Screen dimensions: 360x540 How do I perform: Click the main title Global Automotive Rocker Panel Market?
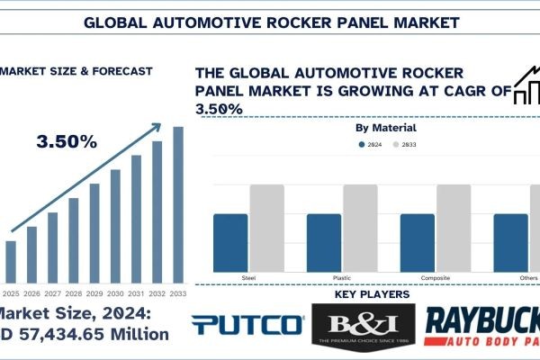(270, 20)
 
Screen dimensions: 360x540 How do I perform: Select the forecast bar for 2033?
(178, 203)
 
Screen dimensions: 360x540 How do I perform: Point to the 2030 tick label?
(115, 294)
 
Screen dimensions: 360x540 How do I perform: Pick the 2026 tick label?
(32, 294)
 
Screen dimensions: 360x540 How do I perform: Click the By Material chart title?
(386, 128)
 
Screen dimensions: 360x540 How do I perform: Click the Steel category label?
(248, 279)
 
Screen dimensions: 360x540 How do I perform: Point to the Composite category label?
(436, 279)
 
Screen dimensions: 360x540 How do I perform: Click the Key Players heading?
(372, 294)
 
